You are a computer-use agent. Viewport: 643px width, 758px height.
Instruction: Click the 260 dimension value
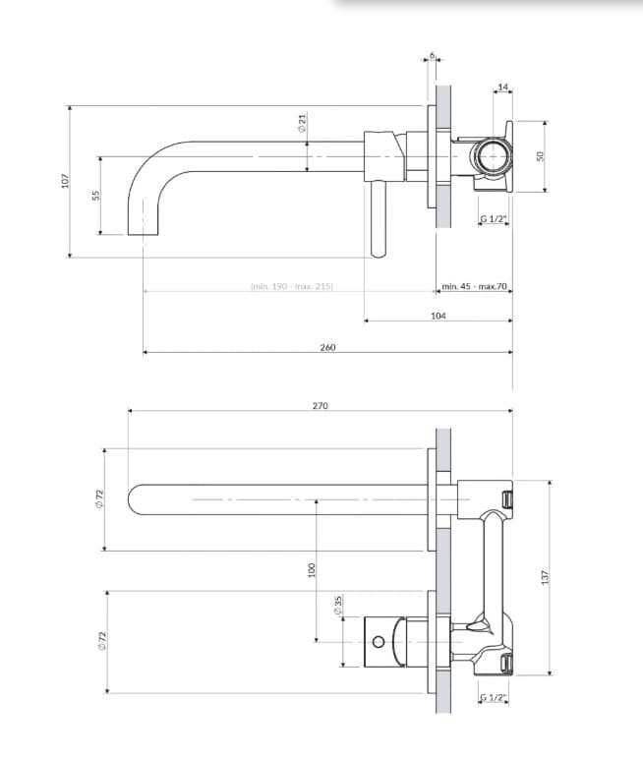(327, 348)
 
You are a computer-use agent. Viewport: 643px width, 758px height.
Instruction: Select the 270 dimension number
(320, 406)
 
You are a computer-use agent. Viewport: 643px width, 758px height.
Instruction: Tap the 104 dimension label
(438, 316)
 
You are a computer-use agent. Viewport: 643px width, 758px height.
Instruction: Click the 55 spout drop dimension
(95, 195)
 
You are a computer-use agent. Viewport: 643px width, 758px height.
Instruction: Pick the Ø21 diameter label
(303, 123)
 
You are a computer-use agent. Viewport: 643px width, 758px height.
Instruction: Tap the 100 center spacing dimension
(312, 569)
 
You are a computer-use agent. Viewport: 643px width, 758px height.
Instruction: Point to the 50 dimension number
(539, 155)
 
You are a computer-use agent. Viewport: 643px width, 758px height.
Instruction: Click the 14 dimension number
(503, 88)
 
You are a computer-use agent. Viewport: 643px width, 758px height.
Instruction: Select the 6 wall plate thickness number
(432, 55)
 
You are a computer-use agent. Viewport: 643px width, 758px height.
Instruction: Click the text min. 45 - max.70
(474, 286)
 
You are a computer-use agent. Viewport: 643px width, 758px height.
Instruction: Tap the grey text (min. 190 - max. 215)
(292, 286)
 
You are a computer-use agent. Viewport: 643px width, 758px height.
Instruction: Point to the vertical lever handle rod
(378, 219)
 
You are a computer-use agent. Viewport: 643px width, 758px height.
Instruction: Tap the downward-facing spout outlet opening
(144, 233)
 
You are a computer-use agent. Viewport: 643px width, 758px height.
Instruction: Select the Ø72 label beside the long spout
(100, 498)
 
